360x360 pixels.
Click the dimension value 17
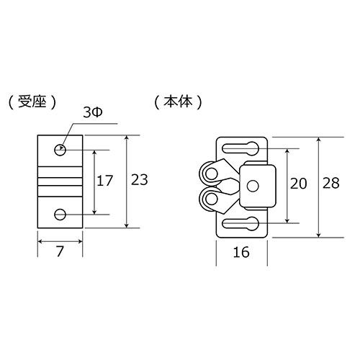(x=104, y=181)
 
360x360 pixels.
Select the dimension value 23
(x=139, y=179)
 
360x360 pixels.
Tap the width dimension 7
(x=60, y=251)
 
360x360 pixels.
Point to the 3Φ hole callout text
(x=93, y=112)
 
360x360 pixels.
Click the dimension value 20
(x=298, y=184)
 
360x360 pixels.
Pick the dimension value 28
(x=331, y=183)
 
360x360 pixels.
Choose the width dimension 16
(x=241, y=252)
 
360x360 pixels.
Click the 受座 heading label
(x=32, y=103)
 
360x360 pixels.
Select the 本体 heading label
(x=178, y=102)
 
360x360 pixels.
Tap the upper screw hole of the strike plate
(x=60, y=150)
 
